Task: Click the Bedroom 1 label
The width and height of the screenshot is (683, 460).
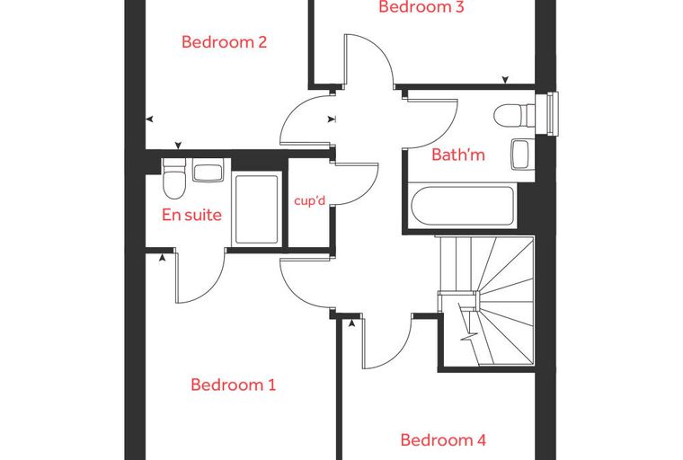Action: pos(233,385)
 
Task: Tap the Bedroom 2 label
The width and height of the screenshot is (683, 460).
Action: pos(224,42)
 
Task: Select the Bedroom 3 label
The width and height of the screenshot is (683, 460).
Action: pos(421,6)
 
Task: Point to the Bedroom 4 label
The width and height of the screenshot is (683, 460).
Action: pos(443,440)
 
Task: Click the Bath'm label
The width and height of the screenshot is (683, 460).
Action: pos(457,155)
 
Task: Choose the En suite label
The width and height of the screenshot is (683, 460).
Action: pos(191,215)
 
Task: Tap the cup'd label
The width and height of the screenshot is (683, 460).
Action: pos(310,201)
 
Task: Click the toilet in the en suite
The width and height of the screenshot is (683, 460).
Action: pos(173,178)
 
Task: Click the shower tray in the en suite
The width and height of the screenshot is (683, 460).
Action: pos(256,209)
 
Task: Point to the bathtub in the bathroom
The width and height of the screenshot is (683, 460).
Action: pos(463,206)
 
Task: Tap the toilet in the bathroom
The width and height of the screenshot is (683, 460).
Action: pos(514,116)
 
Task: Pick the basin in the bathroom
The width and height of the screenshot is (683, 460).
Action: pos(520,155)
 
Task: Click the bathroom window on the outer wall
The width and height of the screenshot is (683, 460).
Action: pos(547,114)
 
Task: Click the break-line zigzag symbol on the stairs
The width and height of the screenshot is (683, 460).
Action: pos(469,337)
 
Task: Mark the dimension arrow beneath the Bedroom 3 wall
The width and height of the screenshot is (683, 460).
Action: pos(505,80)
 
